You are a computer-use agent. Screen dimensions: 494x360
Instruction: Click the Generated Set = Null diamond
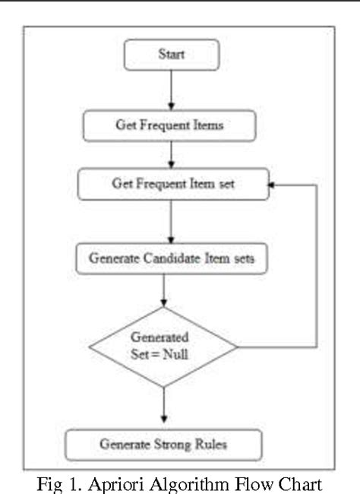163,347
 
